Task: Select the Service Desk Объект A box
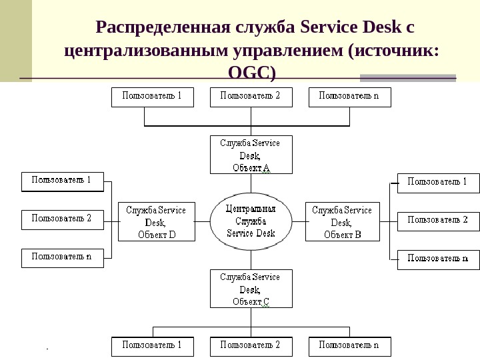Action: click(x=251, y=155)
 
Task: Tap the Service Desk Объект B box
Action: click(x=342, y=221)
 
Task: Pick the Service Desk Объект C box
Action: click(x=251, y=288)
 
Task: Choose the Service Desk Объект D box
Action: click(x=157, y=221)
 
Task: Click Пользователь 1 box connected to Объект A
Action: click(x=152, y=97)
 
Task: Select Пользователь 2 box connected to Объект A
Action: click(x=251, y=97)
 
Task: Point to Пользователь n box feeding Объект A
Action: click(x=349, y=97)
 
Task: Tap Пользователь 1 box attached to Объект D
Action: click(x=62, y=181)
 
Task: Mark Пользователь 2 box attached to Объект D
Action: click(x=62, y=219)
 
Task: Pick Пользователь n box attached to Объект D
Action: click(x=62, y=258)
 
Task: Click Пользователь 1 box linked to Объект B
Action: click(x=438, y=183)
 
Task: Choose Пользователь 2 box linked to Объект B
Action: click(x=438, y=221)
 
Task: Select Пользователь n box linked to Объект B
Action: click(x=438, y=259)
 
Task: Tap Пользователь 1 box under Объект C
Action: click(x=152, y=346)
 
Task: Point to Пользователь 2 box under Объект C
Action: click(x=251, y=346)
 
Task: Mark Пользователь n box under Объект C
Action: click(x=349, y=346)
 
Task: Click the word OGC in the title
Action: click(x=252, y=71)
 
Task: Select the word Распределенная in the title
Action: click(x=163, y=28)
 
